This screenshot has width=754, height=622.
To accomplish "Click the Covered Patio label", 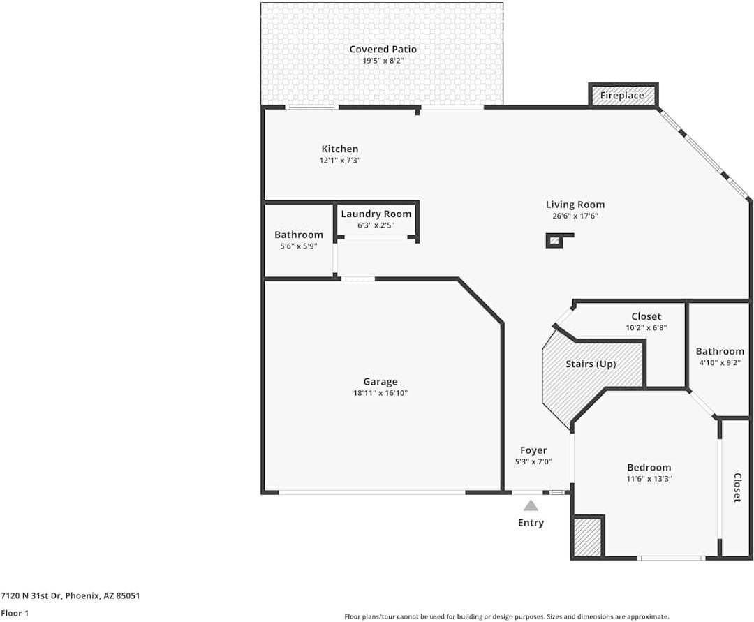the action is point(383,49).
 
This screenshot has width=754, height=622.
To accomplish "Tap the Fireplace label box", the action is point(623,95).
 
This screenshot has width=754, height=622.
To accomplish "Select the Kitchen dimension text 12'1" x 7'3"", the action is point(340,160).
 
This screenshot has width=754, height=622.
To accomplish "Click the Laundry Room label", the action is point(376,214).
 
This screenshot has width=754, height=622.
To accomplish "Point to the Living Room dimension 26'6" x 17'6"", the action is point(575,216).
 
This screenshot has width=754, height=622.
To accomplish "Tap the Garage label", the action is point(380,382).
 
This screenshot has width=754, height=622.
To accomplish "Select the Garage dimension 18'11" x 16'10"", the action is point(380,393).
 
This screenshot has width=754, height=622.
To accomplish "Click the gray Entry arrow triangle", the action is point(531,505).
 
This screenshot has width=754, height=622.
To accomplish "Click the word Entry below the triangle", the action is point(531,523).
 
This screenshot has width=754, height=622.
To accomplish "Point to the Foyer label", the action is point(533,450).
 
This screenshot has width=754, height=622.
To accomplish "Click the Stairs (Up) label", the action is point(591,364).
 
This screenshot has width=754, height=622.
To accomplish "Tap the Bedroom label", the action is point(649,467).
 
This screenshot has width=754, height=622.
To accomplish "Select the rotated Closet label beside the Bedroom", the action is point(737,488).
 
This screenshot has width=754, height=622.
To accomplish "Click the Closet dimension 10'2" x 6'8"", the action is point(646,328).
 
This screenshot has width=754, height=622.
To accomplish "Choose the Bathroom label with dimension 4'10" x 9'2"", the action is point(720,351).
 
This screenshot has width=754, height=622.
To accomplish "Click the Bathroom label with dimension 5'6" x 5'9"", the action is point(299,235).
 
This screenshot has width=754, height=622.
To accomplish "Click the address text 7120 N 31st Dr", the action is point(31,595).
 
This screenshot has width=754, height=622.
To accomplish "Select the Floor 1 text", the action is point(15,613).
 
